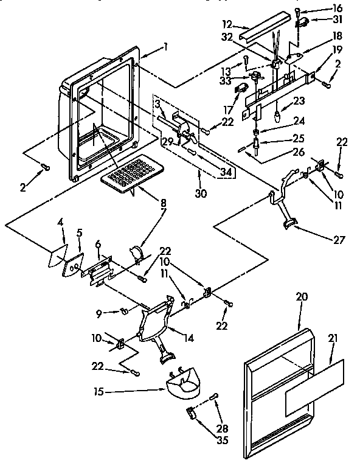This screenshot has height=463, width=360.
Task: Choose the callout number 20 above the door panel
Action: click(x=302, y=297)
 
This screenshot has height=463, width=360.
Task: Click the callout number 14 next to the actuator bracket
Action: click(x=189, y=338)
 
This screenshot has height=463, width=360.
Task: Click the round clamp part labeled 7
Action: click(x=137, y=251)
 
